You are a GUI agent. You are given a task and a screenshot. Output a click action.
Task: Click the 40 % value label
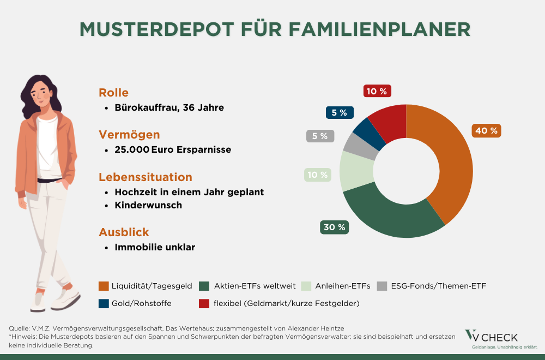pos(486,131)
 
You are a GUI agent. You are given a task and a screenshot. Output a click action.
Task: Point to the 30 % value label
pos(335,227)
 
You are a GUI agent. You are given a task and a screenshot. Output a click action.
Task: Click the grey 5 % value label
pos(320,136)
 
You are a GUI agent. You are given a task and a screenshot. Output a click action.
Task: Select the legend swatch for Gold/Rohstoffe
pos(104,303)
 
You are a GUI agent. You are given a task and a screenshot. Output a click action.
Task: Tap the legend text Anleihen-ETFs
pos(343,286)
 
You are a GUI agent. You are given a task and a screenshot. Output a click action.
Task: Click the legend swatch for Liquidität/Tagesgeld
pos(104,286)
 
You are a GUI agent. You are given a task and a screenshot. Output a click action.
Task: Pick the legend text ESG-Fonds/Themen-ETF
pos(438,286)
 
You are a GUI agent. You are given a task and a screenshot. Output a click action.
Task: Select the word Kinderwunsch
pos(148,206)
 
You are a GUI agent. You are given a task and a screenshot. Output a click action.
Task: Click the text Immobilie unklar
pos(155,247)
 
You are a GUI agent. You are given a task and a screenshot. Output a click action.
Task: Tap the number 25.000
pos(131,149)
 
